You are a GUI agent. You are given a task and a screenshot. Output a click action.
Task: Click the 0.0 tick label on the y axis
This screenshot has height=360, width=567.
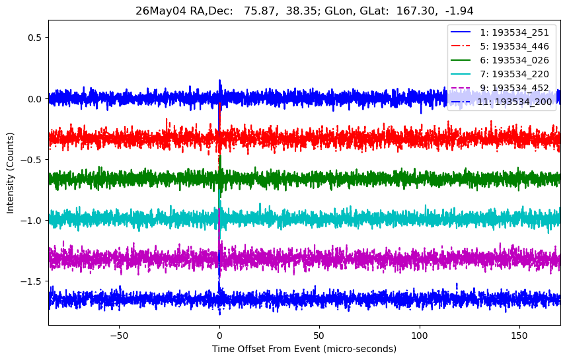point(35,98)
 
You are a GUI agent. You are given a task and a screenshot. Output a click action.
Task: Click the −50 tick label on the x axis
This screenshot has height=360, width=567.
point(120,336)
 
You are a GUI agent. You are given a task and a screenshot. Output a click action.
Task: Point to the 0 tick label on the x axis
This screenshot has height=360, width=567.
point(219,336)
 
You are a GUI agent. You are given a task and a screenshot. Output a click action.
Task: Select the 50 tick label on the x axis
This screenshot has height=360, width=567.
point(319,336)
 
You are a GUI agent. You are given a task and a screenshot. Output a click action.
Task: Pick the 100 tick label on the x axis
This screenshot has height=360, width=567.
point(420,336)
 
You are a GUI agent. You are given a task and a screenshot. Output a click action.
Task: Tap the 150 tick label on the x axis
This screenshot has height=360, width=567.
point(519,336)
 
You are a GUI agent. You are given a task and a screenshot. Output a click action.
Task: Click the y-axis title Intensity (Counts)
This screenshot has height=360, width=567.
point(10,173)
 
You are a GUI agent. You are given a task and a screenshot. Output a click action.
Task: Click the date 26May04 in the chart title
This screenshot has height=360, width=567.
point(154,11)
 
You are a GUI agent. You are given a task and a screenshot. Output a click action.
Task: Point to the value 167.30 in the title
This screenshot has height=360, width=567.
point(416,11)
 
